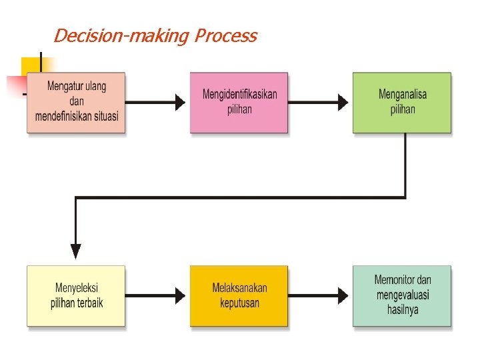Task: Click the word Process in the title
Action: pyautogui.click(x=226, y=35)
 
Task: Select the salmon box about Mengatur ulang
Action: pyautogui.click(x=76, y=103)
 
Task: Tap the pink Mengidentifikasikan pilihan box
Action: pyautogui.click(x=239, y=103)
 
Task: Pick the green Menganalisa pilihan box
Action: pyautogui.click(x=402, y=103)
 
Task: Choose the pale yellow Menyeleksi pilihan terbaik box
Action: pyautogui.click(x=76, y=296)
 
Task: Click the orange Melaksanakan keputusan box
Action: pyautogui.click(x=239, y=296)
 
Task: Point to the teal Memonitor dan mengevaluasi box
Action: pyautogui.click(x=402, y=296)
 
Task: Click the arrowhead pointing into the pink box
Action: pyautogui.click(x=180, y=102)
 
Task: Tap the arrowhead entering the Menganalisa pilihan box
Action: pyautogui.click(x=343, y=102)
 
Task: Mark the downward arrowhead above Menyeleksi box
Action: pyautogui.click(x=76, y=251)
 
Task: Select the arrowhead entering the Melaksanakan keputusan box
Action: pyautogui.click(x=180, y=295)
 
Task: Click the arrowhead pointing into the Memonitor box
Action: pyautogui.click(x=343, y=295)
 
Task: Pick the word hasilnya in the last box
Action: pyautogui.click(x=403, y=309)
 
